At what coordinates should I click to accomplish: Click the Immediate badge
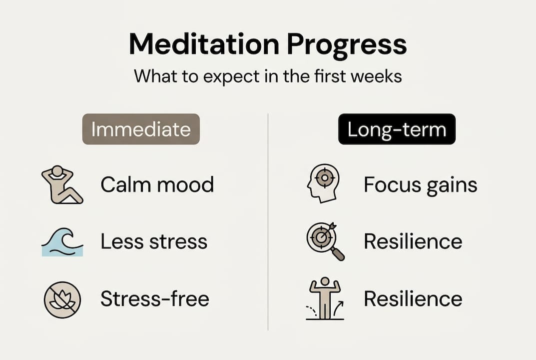(141, 129)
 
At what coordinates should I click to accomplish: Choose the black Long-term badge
(397, 129)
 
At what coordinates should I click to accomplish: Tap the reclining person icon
(61, 184)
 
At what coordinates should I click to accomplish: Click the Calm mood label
(157, 184)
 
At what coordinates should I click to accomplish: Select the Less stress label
(154, 242)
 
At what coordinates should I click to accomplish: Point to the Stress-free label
(155, 299)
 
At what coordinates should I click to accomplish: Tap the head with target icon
(322, 183)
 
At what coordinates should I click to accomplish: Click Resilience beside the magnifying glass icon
(413, 241)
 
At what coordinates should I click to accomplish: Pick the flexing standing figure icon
(325, 298)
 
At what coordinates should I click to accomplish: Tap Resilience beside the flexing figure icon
(413, 299)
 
